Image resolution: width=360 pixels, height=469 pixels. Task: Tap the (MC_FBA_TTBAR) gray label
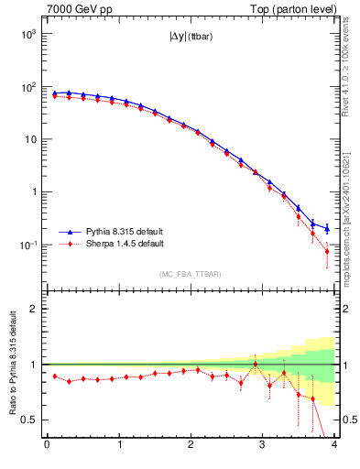point(191,274)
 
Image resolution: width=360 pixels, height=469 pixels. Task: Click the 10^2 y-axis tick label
point(27,87)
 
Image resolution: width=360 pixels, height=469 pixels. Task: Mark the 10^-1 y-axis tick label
point(27,245)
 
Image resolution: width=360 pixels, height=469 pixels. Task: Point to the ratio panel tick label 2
point(36,309)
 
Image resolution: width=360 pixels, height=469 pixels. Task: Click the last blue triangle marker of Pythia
point(327,228)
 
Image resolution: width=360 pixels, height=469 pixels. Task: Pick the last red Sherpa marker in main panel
point(327,251)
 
